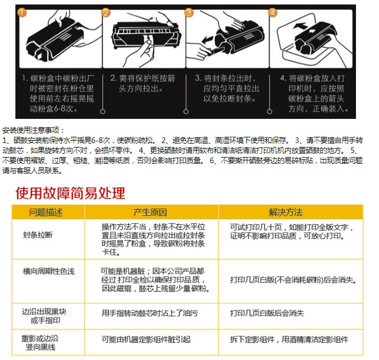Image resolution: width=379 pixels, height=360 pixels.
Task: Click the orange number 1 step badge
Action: [x=22, y=12]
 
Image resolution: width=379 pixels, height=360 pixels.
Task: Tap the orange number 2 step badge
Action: [x=106, y=12]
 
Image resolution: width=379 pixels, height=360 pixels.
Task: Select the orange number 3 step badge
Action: [x=189, y=12]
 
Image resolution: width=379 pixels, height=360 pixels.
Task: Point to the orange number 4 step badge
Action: [x=273, y=12]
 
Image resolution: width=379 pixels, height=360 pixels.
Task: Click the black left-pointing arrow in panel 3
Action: [x=207, y=39]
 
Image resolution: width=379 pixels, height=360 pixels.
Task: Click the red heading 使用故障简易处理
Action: [x=70, y=193]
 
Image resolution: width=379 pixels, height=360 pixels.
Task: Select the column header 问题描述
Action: [x=45, y=212]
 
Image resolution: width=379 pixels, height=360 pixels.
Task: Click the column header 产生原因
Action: [x=150, y=212]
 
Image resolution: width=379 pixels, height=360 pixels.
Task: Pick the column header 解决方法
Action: [x=286, y=212]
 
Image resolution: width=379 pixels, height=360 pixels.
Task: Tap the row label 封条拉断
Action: [x=38, y=235]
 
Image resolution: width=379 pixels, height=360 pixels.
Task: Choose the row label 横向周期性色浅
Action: [x=49, y=271]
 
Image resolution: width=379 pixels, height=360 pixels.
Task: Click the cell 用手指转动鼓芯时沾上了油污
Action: [x=149, y=313]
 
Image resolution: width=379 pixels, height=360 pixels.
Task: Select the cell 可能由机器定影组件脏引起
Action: [x=146, y=339]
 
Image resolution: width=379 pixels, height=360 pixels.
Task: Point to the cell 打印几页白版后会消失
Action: [x=267, y=313]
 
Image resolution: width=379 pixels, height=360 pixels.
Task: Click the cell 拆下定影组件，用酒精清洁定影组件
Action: [x=289, y=339]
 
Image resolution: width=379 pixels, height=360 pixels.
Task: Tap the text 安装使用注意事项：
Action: [x=33, y=131]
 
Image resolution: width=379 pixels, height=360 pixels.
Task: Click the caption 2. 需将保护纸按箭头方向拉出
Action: [x=143, y=84]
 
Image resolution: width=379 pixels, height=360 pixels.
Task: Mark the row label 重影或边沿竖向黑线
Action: [x=40, y=343]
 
